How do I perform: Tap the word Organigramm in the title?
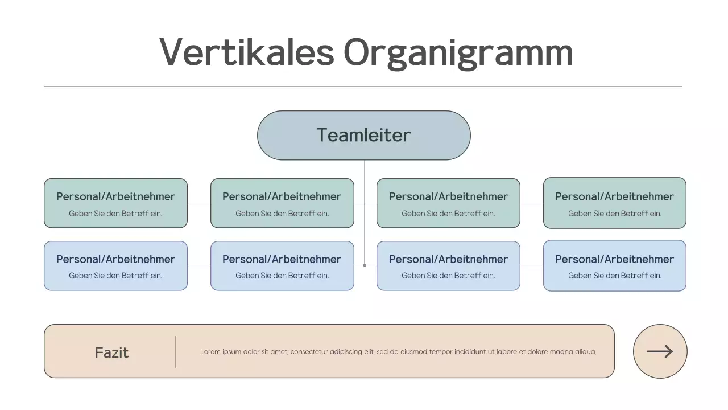pos(458,53)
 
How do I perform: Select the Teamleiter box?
pos(364,136)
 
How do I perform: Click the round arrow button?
pos(660,351)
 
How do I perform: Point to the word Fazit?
pos(111,352)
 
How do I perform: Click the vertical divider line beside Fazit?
pos(176,351)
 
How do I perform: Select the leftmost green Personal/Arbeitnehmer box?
pos(115,203)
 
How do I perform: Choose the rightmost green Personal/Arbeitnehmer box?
pos(615,203)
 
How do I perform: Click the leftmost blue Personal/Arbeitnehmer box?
pos(115,266)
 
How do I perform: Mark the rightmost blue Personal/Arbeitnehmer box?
pos(615,266)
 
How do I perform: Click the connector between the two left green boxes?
pos(199,203)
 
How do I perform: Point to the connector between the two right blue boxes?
pos(532,265)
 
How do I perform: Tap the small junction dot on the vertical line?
pos(365,265)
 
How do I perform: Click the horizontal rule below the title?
pos(363,87)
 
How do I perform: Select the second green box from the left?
pos(282,203)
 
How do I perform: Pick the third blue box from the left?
pos(448,266)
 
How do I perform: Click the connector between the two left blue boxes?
pos(199,265)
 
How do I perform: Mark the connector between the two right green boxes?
pos(532,203)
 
